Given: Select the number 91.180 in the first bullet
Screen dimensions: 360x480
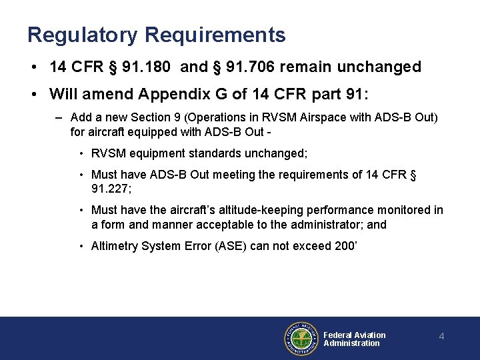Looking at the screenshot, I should [x=155, y=67].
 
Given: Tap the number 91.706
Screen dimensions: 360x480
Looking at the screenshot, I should [x=249, y=67].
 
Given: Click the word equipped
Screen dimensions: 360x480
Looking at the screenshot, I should [x=142, y=132].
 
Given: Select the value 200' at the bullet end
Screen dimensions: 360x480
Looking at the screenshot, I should [x=345, y=246].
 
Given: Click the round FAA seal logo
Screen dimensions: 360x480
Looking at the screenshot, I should [x=301, y=339].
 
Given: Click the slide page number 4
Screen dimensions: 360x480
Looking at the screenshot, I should [x=441, y=337].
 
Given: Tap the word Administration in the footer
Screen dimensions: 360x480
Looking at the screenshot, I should [x=351, y=343].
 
